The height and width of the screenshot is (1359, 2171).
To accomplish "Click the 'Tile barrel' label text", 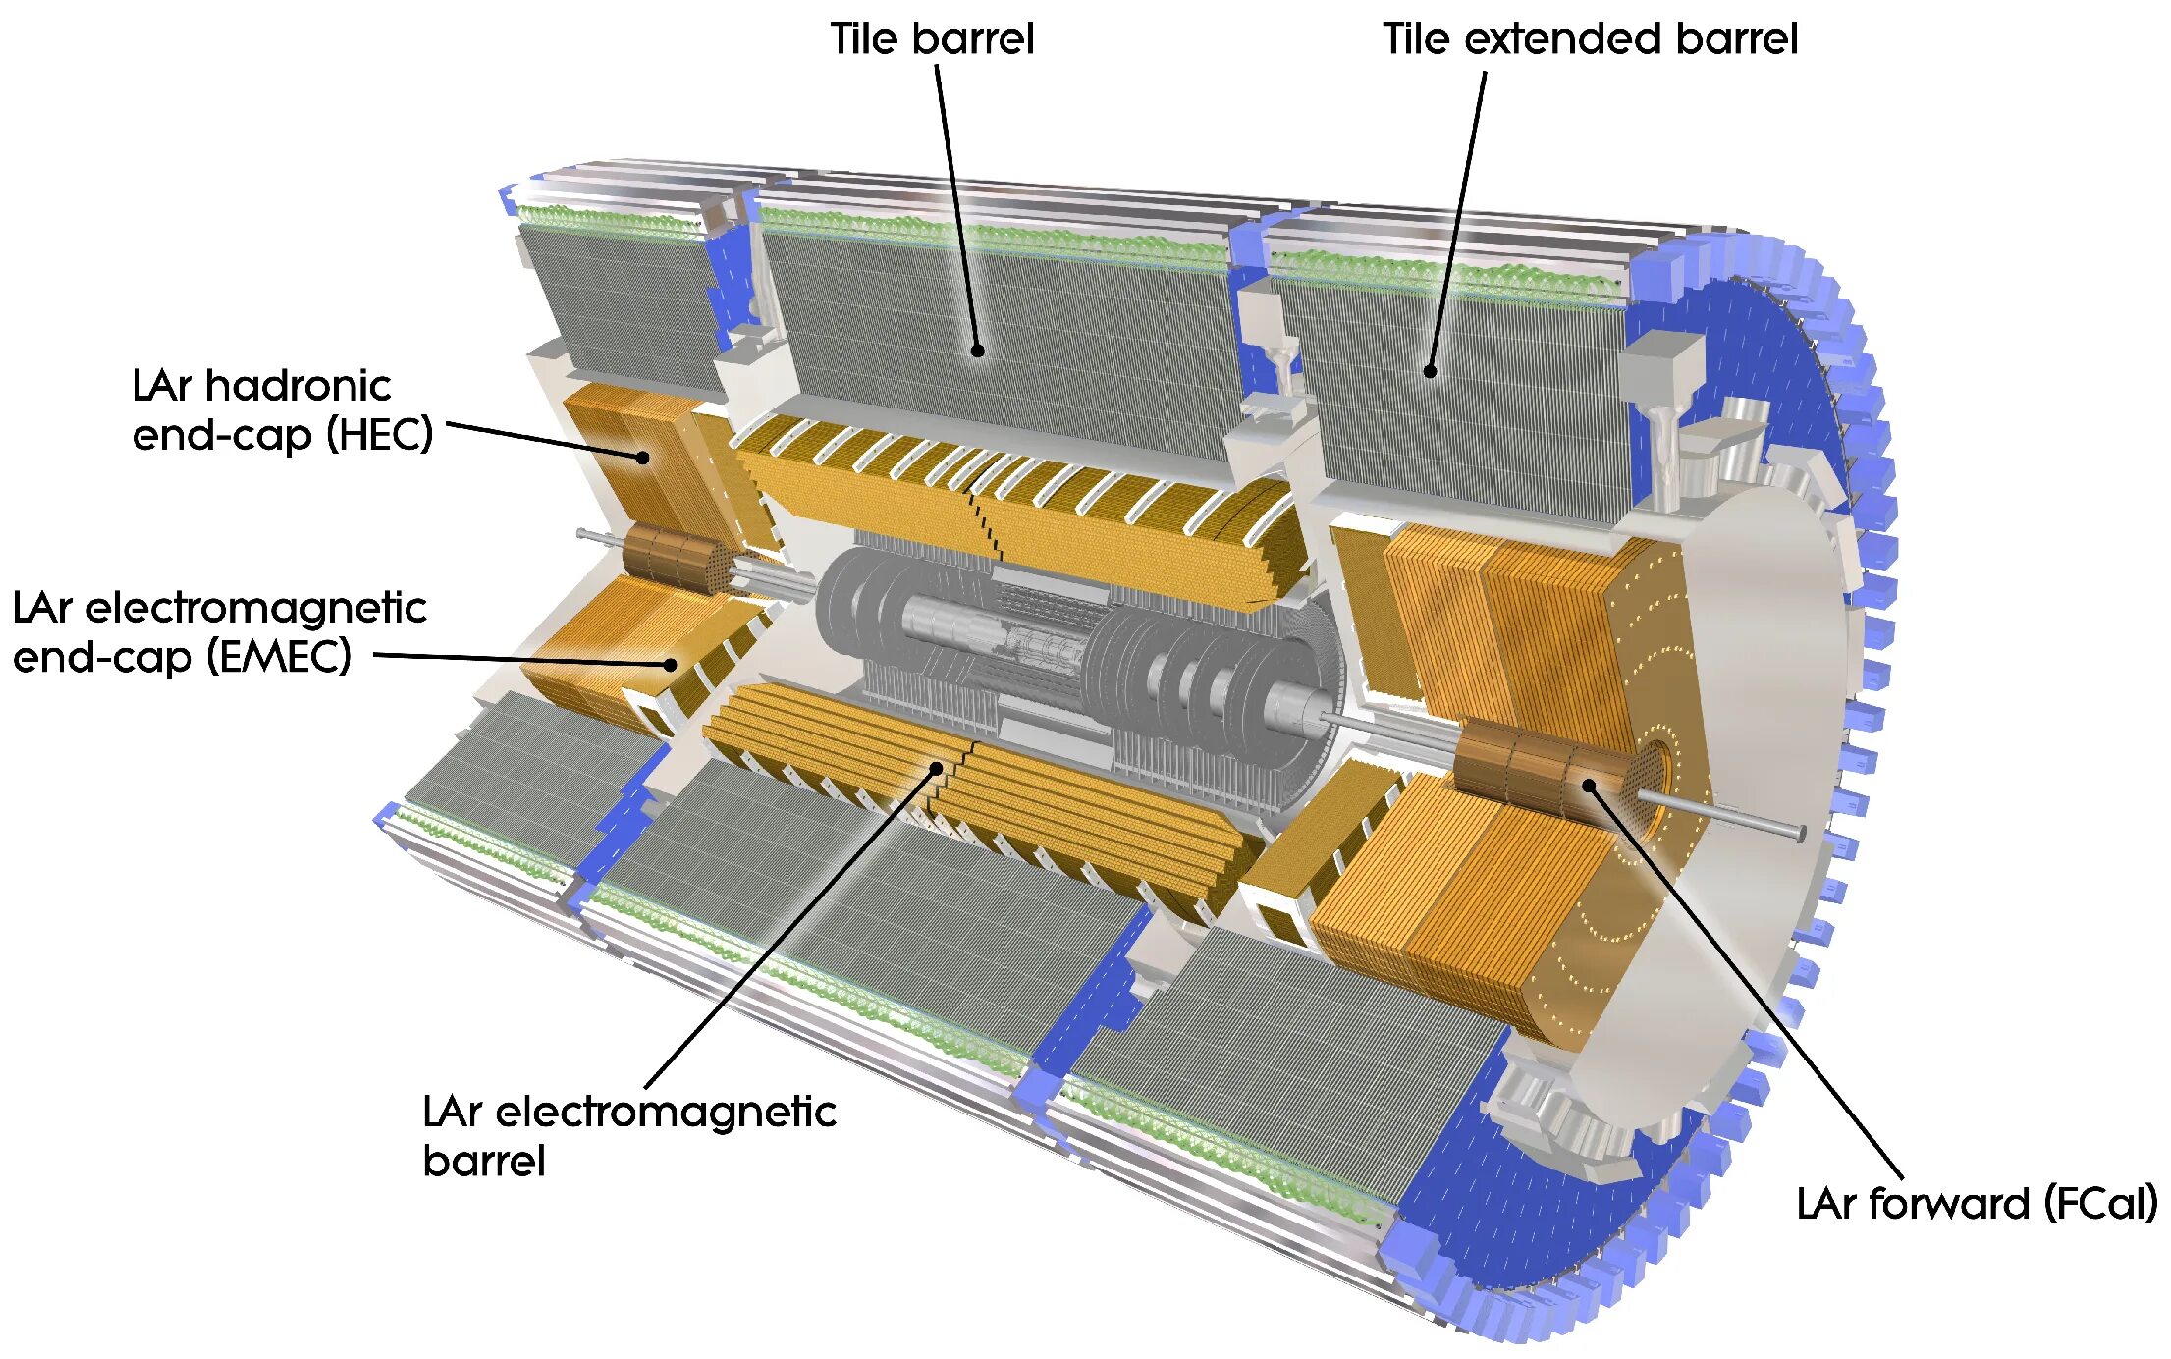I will pos(932,39).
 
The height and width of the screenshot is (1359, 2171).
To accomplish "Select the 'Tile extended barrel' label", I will pos(1590,39).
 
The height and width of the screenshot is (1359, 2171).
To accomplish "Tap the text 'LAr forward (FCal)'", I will pos(1976,1203).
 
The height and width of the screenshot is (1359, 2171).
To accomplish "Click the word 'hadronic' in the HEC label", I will pos(299,385).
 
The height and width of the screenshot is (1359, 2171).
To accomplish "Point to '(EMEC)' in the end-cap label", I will pos(279,656).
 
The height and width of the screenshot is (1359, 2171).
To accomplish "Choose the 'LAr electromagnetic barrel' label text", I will pos(628,1135).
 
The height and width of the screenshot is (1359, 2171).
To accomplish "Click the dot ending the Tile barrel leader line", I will pos(977,351).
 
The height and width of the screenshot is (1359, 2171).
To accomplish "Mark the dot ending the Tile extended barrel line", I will pos(1430,371).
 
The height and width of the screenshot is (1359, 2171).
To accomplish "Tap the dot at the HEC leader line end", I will pos(642,457).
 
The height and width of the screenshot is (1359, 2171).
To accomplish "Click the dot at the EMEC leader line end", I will pos(671,665).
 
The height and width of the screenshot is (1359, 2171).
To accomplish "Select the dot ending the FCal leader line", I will pos(1588,785).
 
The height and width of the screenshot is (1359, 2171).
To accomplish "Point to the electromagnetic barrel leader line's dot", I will pos(938,768).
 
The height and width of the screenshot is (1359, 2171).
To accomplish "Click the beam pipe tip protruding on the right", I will pos(1799,833).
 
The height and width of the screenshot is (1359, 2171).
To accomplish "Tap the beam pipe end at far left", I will pos(582,534).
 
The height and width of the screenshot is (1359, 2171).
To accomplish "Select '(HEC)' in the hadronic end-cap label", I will pos(380,434).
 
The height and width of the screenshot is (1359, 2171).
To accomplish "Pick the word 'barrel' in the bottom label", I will pos(483,1161).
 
